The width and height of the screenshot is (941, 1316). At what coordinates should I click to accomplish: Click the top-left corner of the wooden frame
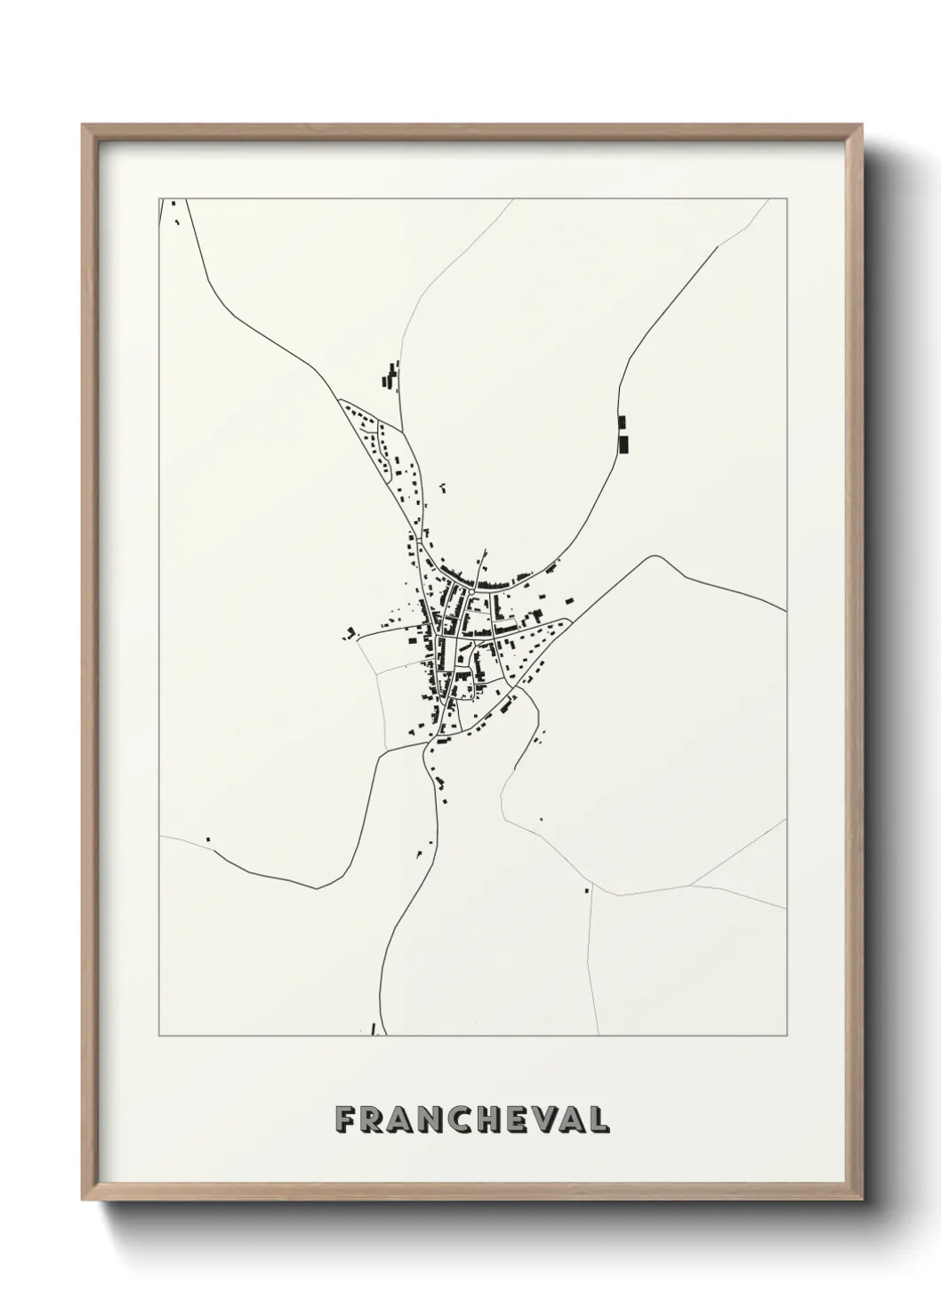83,124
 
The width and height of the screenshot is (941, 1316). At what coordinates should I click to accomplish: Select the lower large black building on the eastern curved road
623,443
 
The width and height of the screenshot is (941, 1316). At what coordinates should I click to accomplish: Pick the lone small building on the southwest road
208,838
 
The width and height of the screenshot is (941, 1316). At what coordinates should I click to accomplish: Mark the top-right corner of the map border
786,198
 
